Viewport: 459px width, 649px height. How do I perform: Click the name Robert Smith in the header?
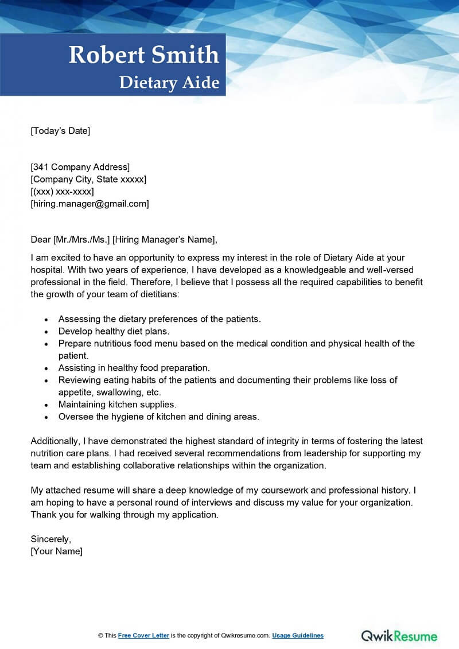coord(144,55)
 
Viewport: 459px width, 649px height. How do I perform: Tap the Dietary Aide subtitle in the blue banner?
coord(169,83)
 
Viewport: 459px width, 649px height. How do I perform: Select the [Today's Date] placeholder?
coord(60,131)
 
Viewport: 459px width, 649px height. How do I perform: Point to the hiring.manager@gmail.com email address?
coord(90,204)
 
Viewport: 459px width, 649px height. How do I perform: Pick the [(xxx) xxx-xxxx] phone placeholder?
coord(62,192)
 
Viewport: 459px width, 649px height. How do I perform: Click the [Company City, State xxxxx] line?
coord(88,180)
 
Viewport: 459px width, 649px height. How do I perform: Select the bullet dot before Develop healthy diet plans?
coord(46,332)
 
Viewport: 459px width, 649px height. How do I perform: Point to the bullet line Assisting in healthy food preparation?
coord(134,368)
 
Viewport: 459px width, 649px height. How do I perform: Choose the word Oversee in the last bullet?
coord(75,417)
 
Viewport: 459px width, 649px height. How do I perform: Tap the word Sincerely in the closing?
coord(50,539)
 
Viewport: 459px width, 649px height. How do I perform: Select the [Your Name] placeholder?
coord(56,551)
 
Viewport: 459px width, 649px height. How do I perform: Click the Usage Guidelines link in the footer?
coord(298,636)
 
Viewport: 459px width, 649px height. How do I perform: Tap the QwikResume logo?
coord(399,636)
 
